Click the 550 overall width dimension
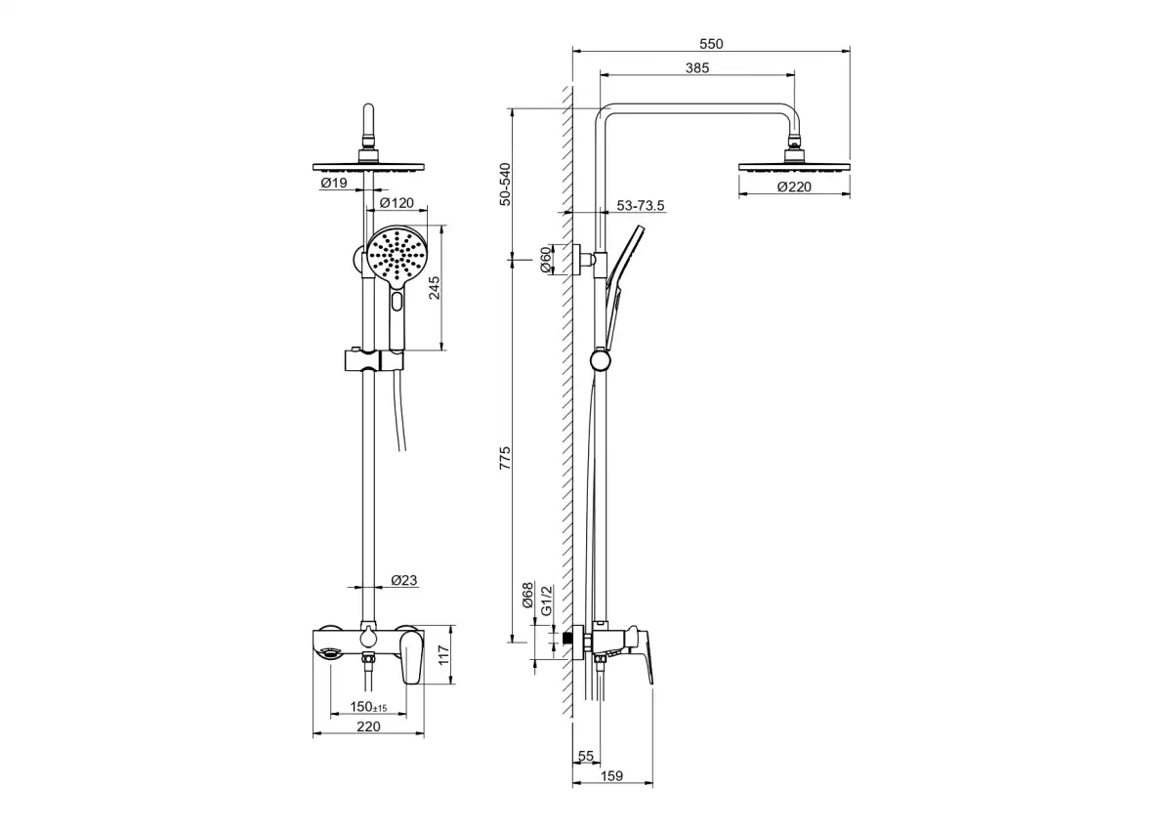pos(711,44)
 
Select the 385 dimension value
pos(697,68)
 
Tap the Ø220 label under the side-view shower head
pos(794,187)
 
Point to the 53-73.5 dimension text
pos(641,206)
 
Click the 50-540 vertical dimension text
pos(505,185)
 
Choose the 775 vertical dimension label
pos(505,458)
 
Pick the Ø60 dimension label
pos(545,260)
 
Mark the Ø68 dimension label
pos(527,596)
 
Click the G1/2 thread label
pos(546,600)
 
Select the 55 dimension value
pos(586,757)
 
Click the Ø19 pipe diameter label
pos(334,183)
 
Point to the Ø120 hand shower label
pos(397,203)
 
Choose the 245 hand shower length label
pos(435,288)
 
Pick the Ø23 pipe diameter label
pos(404,580)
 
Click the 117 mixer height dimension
pos(443,655)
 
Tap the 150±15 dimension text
pos(368,707)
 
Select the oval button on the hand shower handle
pos(398,302)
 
